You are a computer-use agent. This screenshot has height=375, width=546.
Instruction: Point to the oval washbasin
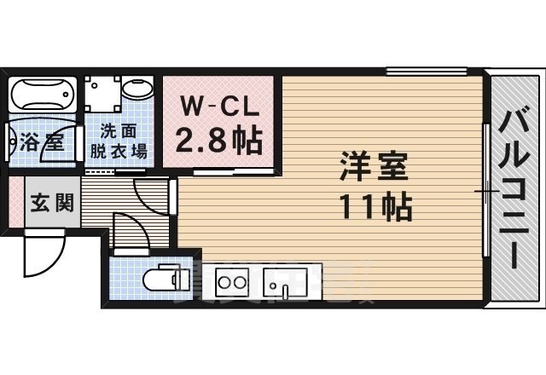(x=136, y=89)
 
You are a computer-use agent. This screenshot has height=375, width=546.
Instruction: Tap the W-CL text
(x=218, y=107)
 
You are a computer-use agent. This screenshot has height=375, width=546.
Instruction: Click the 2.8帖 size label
(x=218, y=138)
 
